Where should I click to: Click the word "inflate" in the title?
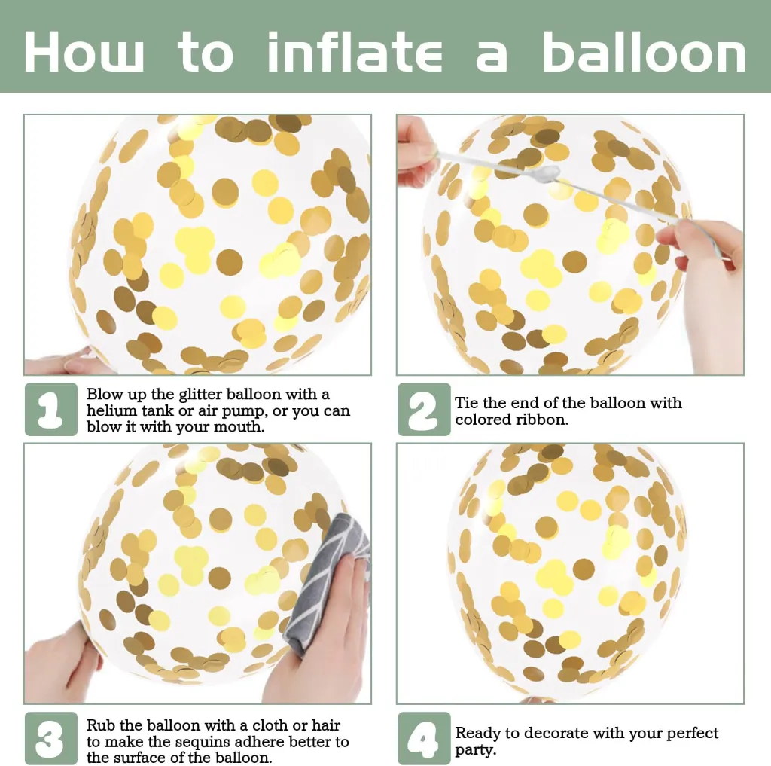pyautogui.click(x=355, y=51)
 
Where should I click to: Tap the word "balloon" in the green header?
pyautogui.click(x=645, y=51)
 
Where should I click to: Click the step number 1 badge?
pyautogui.click(x=51, y=409)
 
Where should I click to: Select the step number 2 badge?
pyautogui.click(x=424, y=409)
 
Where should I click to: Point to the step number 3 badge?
pyautogui.click(x=51, y=738)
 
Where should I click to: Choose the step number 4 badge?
pyautogui.click(x=424, y=738)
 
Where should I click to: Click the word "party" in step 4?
pyautogui.click(x=476, y=751)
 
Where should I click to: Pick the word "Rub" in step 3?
pyautogui.click(x=101, y=725)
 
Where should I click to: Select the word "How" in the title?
pyautogui.click(x=84, y=52)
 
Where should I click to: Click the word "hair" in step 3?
pyautogui.click(x=326, y=725)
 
